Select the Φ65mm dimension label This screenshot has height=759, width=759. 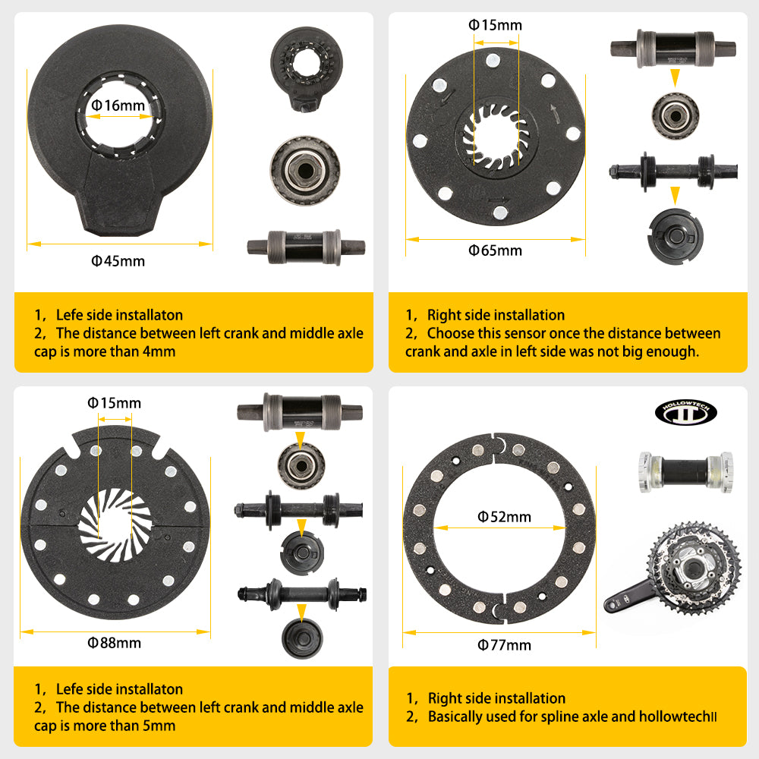[496, 250]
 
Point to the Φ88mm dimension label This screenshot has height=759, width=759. [115, 643]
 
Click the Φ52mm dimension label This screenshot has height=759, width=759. [504, 517]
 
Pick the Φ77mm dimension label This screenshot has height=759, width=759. [504, 645]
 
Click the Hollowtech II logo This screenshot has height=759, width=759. [685, 412]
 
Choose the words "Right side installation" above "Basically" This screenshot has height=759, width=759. [496, 698]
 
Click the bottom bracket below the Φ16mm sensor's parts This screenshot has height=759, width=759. [306, 247]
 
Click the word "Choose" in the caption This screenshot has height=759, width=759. [452, 333]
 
